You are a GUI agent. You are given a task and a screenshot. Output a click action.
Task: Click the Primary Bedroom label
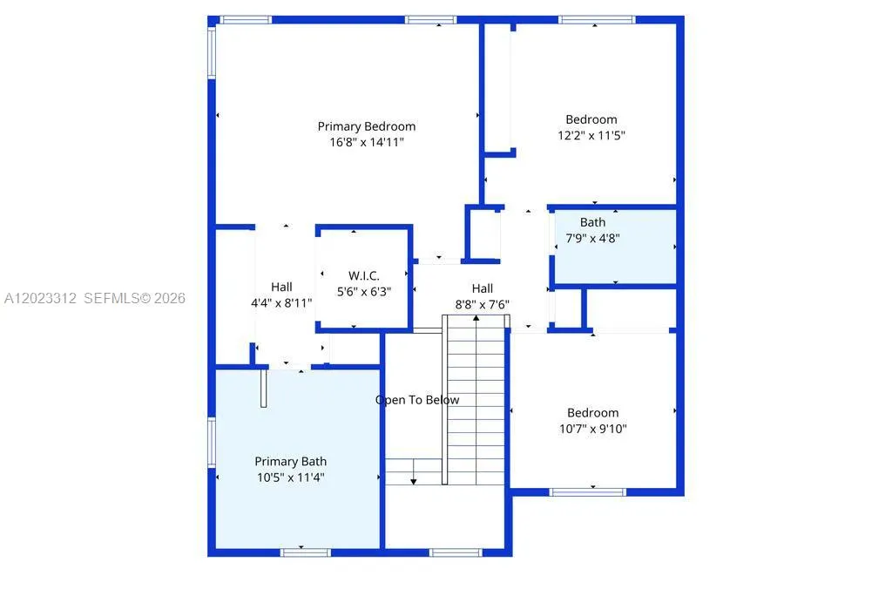tap(367, 126)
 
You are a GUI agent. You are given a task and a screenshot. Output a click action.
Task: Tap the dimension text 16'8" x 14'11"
tap(367, 142)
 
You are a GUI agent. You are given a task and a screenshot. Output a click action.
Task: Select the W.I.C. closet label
tap(364, 276)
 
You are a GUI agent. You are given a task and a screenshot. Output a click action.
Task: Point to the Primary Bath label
tap(291, 462)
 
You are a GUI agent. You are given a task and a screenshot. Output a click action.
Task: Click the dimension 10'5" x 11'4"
tap(291, 477)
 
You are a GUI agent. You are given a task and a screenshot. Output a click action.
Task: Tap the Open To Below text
tap(417, 400)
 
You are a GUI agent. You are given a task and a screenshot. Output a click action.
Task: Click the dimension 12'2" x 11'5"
tap(591, 135)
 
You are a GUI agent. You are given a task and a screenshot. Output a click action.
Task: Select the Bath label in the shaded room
tap(592, 222)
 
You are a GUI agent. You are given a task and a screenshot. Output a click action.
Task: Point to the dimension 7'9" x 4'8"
tap(592, 239)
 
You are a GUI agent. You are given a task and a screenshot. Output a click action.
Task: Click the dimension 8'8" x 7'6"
tap(483, 305)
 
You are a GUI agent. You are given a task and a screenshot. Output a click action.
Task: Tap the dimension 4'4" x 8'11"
tap(281, 303)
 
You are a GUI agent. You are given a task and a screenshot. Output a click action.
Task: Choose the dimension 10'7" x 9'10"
tap(592, 429)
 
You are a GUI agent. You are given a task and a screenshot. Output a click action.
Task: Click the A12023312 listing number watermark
tap(40, 298)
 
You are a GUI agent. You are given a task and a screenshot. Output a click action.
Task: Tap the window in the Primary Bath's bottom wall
tap(306, 552)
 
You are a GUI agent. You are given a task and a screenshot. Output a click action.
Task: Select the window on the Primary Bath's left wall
tap(212, 443)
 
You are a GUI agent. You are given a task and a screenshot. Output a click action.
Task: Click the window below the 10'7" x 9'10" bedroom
tap(588, 491)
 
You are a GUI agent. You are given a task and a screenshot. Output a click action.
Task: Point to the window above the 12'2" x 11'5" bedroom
tap(597, 20)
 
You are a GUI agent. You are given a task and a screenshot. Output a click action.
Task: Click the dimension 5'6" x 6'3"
tap(364, 292)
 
